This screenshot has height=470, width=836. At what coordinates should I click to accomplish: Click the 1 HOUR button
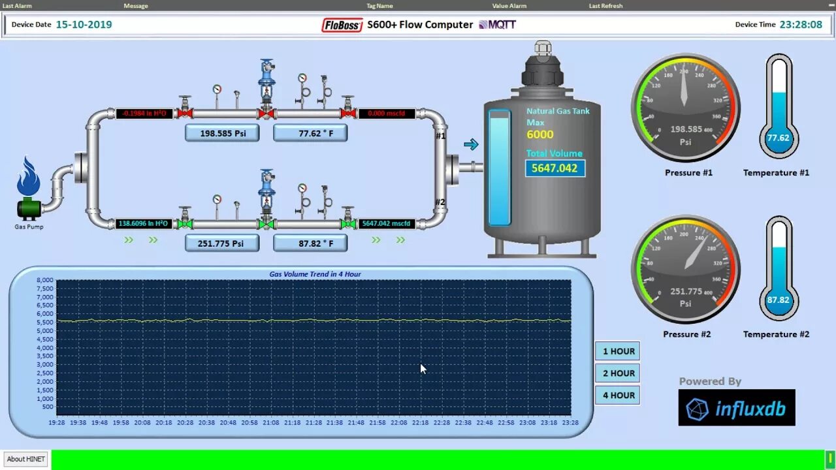[618, 351]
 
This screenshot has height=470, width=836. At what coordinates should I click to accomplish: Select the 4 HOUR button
[618, 395]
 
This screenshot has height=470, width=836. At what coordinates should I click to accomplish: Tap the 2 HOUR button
[618, 373]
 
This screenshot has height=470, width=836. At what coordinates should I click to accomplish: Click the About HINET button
[26, 459]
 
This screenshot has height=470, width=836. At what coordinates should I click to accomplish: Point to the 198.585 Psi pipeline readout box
[222, 133]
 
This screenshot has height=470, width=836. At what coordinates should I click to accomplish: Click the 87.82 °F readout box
[310, 243]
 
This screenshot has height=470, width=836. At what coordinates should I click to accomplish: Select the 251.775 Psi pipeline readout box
[222, 243]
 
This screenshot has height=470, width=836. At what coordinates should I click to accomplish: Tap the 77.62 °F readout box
[310, 133]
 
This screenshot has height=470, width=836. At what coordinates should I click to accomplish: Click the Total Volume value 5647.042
[555, 168]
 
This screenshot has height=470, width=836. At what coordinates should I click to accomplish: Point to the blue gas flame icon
[29, 177]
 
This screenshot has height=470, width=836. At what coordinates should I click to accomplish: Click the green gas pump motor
[29, 209]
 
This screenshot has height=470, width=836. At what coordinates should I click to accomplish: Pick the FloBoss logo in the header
[342, 25]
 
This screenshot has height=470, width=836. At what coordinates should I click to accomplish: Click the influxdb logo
[737, 408]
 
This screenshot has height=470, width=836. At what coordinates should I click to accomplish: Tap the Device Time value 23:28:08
[801, 25]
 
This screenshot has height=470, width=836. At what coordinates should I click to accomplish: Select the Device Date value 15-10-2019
[84, 25]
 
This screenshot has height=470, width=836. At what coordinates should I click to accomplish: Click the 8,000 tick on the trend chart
[45, 281]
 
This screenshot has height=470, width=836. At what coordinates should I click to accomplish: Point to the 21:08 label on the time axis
[270, 422]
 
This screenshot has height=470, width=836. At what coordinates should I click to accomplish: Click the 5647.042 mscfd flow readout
[387, 224]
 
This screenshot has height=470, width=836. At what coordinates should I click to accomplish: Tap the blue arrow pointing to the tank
[471, 144]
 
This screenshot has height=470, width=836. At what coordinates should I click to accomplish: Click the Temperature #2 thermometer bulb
[779, 301]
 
